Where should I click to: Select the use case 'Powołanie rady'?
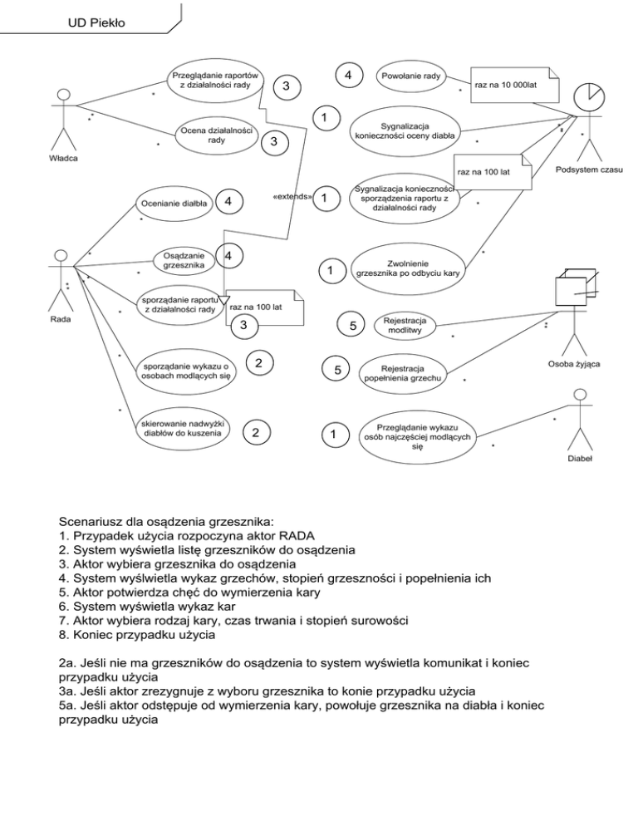[x=410, y=76]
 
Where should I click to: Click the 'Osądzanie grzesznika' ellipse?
[x=180, y=260]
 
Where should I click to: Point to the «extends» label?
[x=291, y=197]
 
